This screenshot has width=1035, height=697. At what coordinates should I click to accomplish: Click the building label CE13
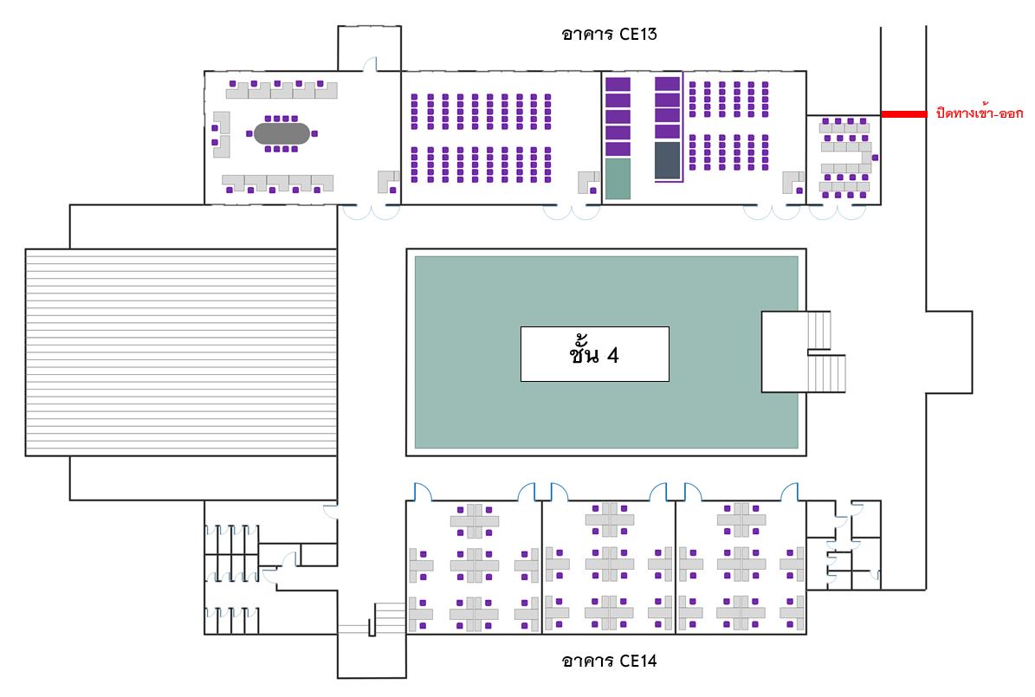609,34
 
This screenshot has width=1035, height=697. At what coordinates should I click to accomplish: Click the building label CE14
609,660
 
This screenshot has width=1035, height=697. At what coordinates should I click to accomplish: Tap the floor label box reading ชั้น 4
595,354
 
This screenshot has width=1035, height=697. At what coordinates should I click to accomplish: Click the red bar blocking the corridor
903,114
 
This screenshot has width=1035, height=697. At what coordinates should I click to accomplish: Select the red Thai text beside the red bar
980,113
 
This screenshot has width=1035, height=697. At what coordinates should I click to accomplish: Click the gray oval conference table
281,133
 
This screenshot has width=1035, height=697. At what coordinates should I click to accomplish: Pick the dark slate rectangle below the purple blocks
668,159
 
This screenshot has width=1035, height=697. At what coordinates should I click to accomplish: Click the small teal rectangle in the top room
618,178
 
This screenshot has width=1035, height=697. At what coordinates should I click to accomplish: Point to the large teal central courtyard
606,352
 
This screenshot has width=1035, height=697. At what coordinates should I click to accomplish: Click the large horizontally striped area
181,352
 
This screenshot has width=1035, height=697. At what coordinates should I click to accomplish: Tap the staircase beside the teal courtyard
825,352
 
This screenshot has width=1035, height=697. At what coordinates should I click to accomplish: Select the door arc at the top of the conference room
371,63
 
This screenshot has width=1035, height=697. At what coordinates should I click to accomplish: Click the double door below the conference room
372,211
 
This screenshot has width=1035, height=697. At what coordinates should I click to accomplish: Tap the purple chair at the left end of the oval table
249,133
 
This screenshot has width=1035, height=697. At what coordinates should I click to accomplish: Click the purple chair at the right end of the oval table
315,133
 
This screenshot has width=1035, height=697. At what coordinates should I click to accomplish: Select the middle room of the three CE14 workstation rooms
609,567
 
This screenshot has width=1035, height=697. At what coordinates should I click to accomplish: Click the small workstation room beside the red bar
844,159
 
